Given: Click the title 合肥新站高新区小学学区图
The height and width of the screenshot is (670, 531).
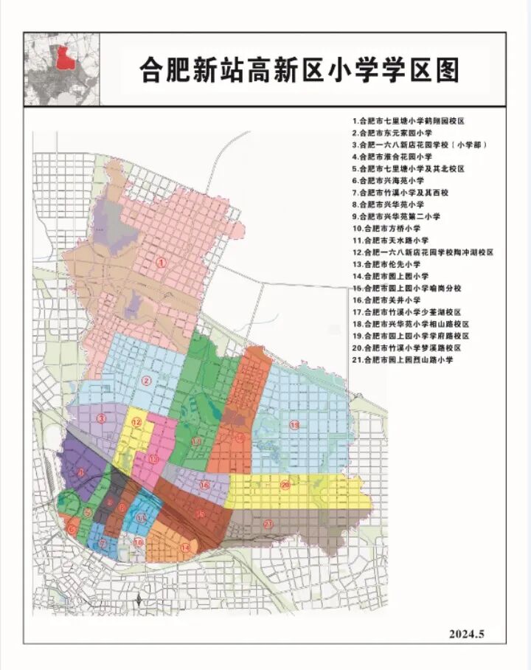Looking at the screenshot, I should [299, 70].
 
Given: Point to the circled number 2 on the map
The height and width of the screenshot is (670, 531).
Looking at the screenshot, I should [146, 381].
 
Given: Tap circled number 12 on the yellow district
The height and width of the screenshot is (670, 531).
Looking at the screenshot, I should [136, 422].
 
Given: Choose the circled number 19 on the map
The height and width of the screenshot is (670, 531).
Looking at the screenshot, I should [294, 426].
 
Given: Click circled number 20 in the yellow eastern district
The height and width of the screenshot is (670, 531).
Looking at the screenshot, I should [285, 485].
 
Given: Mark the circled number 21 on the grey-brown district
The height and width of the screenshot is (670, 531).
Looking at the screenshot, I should [269, 524].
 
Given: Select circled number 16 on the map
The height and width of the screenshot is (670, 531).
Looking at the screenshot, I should [204, 485].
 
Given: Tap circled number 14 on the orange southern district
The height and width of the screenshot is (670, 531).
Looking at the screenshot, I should [185, 548].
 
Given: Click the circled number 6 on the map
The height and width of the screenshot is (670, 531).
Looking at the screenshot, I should [71, 528].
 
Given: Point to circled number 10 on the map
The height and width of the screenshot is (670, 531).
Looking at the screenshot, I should [139, 542].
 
